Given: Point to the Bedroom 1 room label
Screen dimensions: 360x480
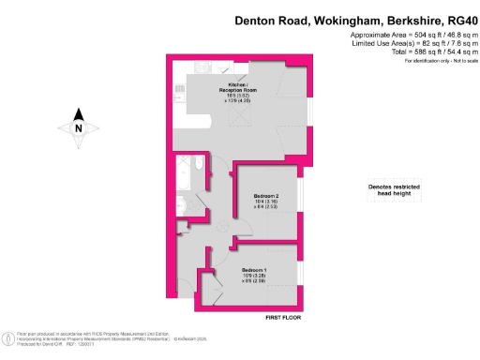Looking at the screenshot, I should click(253, 271).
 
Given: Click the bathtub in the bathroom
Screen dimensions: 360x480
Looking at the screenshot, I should click(183, 174).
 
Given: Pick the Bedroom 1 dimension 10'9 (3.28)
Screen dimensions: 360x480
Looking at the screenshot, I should click(253, 277).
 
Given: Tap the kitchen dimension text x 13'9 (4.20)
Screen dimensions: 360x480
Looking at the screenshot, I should click(237, 102).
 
